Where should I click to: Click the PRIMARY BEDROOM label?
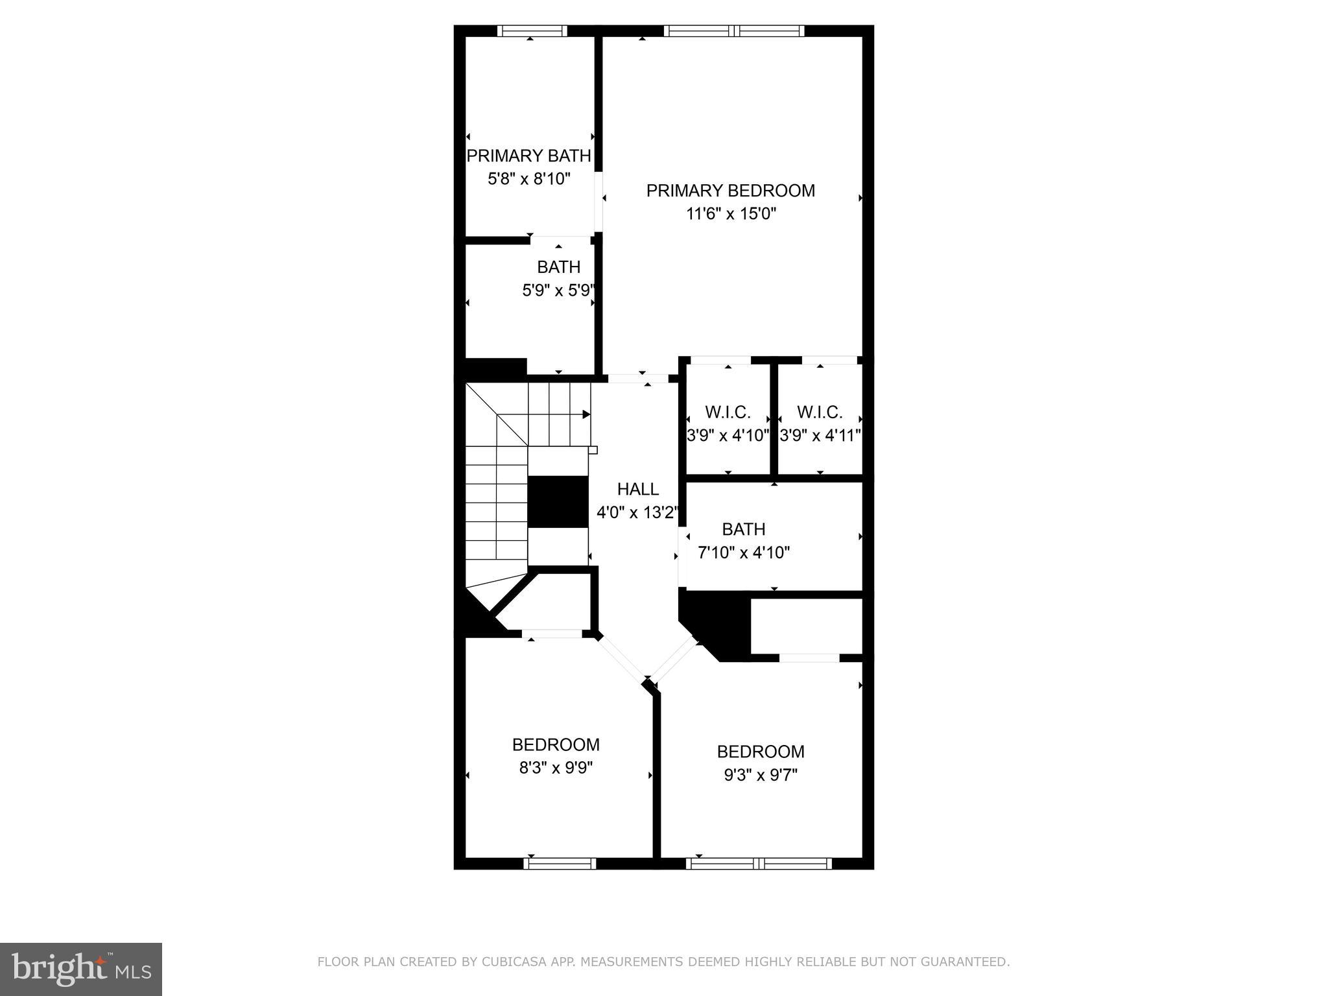pos(730,191)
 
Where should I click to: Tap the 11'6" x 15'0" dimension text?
pos(731,214)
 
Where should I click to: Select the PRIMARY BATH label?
pos(528,156)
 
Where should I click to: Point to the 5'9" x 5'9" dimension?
pos(558,290)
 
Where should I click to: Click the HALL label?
pos(637,490)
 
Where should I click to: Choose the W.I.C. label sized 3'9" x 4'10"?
pos(728,412)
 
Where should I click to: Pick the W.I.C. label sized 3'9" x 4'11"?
pos(820,412)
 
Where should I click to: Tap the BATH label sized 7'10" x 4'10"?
pos(743,530)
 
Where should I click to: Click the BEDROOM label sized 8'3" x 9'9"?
pos(556,744)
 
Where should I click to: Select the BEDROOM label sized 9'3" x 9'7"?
pos(760,752)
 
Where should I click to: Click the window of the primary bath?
pos(532,30)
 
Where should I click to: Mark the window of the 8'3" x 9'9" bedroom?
pos(559,863)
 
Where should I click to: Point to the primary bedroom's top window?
pos(733,30)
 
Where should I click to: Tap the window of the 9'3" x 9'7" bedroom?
pos(759,863)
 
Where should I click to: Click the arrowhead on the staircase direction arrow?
pos(586,414)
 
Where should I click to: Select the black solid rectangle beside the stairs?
pos(557,502)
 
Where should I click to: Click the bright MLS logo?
pos(80,969)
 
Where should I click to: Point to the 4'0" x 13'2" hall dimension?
pos(637,513)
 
